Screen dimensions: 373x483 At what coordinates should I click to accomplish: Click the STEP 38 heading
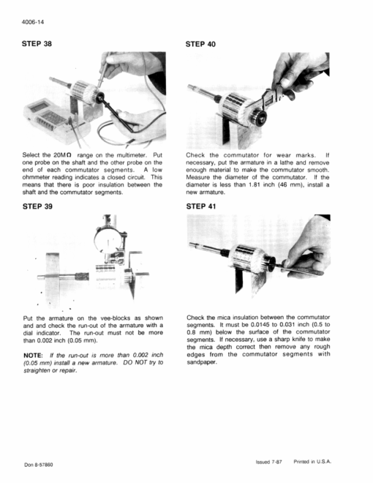tap(37, 44)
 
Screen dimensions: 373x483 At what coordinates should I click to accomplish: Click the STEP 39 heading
tap(37, 206)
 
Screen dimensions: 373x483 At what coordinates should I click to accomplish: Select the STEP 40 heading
tap(200, 45)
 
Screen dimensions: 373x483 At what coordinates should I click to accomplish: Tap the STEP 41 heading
tap(201, 206)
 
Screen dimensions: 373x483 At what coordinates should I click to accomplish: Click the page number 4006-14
tap(33, 22)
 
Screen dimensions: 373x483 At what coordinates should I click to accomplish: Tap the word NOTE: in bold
tap(33, 356)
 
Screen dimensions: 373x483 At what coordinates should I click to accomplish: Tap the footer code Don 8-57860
tap(39, 465)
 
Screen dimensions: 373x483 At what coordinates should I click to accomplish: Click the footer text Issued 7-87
tap(268, 462)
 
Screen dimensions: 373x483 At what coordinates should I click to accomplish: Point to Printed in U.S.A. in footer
tap(312, 462)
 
